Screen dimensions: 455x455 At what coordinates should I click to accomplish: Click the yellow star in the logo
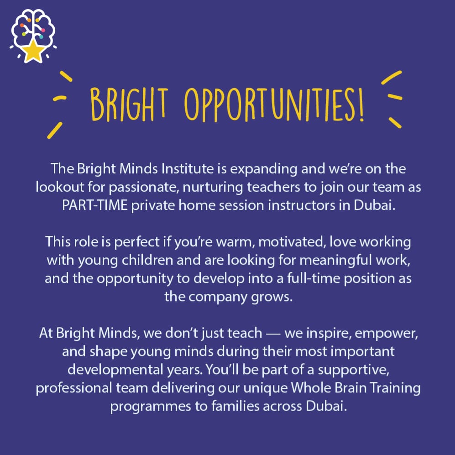(x=33, y=52)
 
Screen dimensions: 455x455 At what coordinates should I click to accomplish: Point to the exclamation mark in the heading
(x=361, y=104)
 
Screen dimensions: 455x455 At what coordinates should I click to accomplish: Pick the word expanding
(x=263, y=169)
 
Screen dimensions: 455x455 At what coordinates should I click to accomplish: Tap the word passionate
(x=142, y=188)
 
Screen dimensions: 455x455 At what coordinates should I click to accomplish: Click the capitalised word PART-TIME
(x=95, y=205)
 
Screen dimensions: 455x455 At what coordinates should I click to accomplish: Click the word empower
(x=386, y=334)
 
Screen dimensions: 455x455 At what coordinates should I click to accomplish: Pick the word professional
(x=74, y=388)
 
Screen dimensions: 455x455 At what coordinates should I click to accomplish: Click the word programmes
(x=151, y=407)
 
